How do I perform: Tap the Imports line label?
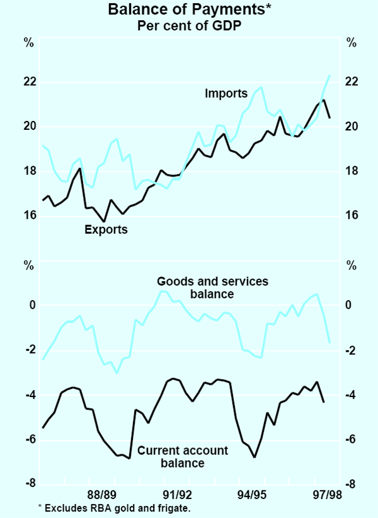226,94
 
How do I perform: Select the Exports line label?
106,230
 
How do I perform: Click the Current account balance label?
170,457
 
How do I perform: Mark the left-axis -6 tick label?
28,440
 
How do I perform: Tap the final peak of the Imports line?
329,76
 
